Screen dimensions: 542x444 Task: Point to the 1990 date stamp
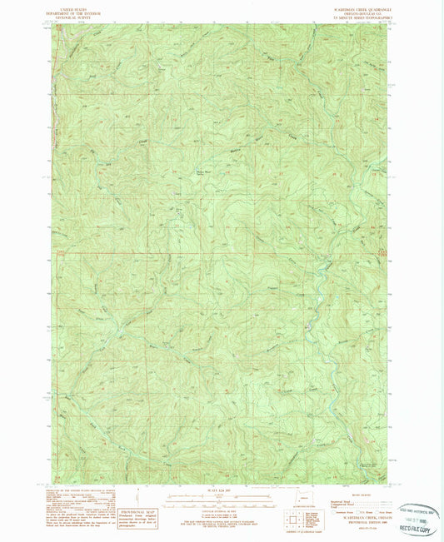(x=417, y=517)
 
